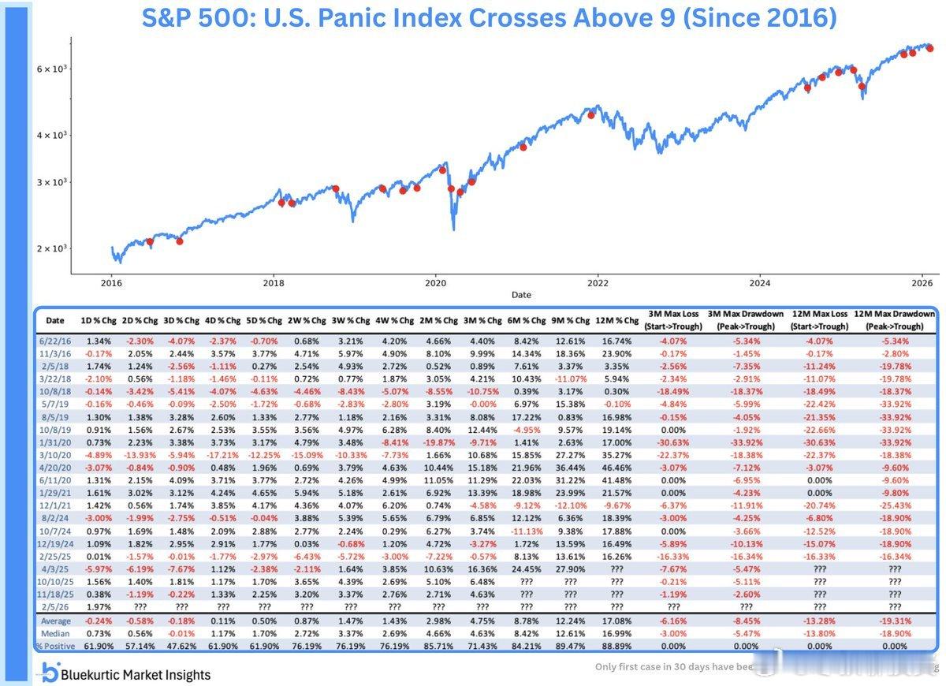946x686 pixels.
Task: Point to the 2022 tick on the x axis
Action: tap(598, 282)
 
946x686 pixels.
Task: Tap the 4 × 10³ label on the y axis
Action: tap(52, 135)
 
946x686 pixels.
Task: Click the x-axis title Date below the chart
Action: tap(521, 295)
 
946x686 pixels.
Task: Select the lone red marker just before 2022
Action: tap(591, 114)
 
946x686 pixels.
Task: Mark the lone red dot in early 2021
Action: tap(523, 147)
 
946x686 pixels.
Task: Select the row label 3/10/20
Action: tap(55, 454)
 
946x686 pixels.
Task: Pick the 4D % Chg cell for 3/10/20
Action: tap(223, 454)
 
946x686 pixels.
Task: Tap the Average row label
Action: tap(55, 621)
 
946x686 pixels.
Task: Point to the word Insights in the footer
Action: tap(186, 674)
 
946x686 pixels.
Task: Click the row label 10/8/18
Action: tap(55, 390)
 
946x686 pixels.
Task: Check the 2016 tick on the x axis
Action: tap(111, 282)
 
